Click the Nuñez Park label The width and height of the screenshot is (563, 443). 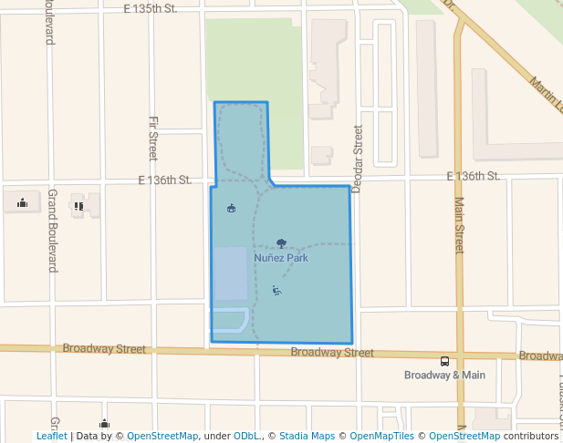[x=281, y=258]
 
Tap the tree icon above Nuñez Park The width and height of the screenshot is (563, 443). [x=281, y=243]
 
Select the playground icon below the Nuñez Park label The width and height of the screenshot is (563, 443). [x=276, y=291]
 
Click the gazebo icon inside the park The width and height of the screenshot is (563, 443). [x=231, y=207]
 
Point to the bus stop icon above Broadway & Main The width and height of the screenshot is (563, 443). [x=444, y=361]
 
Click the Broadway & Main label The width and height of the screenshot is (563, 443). [x=444, y=375]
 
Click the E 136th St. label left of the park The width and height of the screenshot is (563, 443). [x=164, y=180]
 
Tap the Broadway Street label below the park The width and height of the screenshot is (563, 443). [x=331, y=353]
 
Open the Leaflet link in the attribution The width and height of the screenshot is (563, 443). [x=52, y=436]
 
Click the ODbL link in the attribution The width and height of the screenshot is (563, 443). [x=245, y=436]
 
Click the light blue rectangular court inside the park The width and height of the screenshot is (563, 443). [x=229, y=273]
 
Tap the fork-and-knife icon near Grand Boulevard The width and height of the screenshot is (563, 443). [x=79, y=206]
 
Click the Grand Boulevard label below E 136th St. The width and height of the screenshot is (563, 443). [x=52, y=232]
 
